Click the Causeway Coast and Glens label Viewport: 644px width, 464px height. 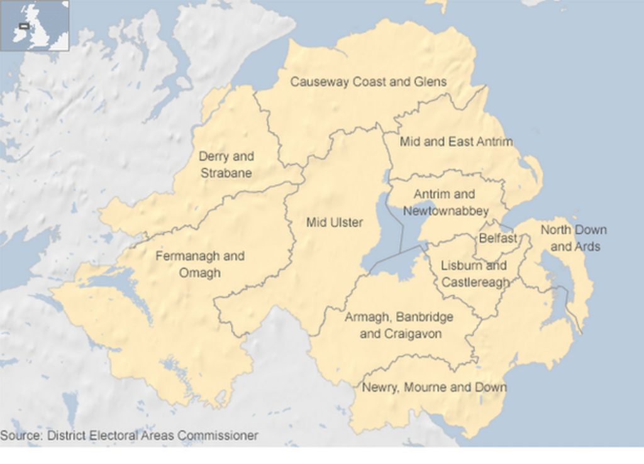[x=368, y=82]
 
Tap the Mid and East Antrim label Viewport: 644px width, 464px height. [x=456, y=142]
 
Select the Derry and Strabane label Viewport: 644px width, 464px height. [x=226, y=165]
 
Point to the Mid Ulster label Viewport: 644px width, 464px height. [x=334, y=222]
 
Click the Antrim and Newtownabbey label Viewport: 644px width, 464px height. [x=445, y=202]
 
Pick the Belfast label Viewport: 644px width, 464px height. [x=498, y=238]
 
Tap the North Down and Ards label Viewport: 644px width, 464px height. [x=574, y=238]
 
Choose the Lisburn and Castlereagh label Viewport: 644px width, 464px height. [x=475, y=274]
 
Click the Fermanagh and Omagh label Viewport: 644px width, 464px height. [x=199, y=264]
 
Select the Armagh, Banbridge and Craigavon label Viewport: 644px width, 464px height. [x=399, y=325]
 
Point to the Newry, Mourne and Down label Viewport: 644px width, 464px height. [x=434, y=387]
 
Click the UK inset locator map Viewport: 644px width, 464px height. [x=35, y=25]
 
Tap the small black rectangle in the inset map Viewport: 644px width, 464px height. [x=25, y=26]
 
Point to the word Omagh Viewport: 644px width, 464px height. [x=200, y=273]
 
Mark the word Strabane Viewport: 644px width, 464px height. [x=226, y=173]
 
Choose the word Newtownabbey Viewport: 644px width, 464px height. [x=445, y=211]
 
